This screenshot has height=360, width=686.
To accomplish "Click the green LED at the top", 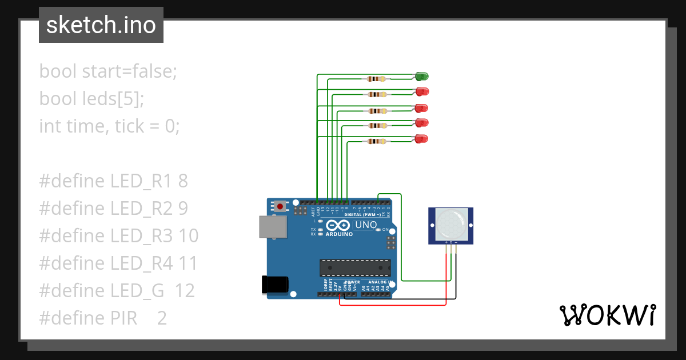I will (x=422, y=76).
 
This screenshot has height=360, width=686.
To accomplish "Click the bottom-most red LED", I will (x=422, y=139).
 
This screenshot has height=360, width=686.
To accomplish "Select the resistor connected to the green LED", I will (x=376, y=79).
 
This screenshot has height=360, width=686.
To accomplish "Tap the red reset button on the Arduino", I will (x=280, y=206).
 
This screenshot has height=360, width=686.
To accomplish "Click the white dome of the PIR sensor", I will (x=450, y=225).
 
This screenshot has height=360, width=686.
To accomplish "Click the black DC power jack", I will (x=273, y=285).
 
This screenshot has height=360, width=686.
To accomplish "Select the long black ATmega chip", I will (x=355, y=267).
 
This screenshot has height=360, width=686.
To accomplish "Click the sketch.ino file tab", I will (x=101, y=25).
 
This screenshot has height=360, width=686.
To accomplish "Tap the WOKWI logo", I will (x=607, y=315).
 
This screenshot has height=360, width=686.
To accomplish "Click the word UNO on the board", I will (x=366, y=225).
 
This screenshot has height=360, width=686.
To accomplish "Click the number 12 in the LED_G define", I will (x=185, y=291).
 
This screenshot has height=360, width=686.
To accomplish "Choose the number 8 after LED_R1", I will (x=183, y=181).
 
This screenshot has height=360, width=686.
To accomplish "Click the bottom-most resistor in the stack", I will (x=376, y=141).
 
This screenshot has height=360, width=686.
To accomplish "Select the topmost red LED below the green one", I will (x=422, y=91).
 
